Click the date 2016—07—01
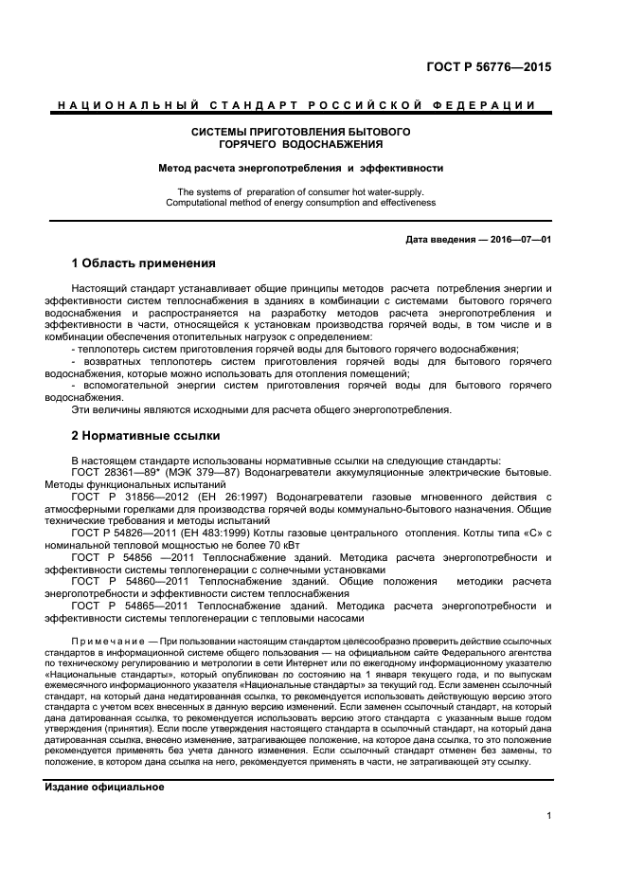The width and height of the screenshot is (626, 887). [516, 239]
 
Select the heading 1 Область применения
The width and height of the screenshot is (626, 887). [144, 262]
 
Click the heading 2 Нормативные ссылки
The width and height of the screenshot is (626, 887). [146, 436]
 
